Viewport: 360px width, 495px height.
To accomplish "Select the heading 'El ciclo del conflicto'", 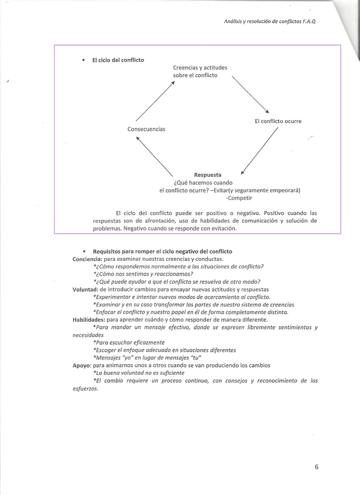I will click(x=118, y=60).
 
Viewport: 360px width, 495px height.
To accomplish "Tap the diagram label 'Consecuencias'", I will click(x=146, y=129).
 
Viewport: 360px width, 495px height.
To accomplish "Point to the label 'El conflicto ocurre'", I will click(x=278, y=121).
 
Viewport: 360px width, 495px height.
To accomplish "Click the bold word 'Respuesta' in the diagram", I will click(x=207, y=175).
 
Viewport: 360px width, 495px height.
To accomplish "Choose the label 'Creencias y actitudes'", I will click(x=200, y=68).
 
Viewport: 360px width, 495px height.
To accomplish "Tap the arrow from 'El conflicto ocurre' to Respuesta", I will click(x=260, y=150).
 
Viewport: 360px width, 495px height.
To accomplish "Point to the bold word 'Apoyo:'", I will click(x=82, y=365).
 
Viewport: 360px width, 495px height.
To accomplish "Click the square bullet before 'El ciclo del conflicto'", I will click(x=84, y=60).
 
